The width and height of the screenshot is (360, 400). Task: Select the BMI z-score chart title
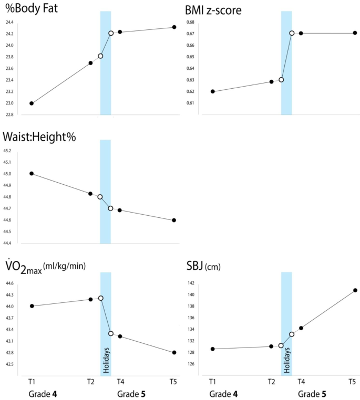click(213, 10)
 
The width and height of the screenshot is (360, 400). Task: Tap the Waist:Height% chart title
click(39, 137)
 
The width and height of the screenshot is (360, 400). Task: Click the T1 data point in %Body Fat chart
click(32, 103)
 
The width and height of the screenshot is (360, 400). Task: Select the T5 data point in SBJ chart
click(355, 290)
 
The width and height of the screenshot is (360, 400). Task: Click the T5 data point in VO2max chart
click(174, 352)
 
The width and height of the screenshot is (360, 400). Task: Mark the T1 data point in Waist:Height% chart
click(32, 173)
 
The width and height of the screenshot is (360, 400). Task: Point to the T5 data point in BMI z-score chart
click(355, 33)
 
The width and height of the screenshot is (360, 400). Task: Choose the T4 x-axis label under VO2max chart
click(120, 382)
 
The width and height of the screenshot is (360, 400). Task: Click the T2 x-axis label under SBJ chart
click(271, 382)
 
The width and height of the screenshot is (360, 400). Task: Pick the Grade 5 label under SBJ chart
click(312, 393)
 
